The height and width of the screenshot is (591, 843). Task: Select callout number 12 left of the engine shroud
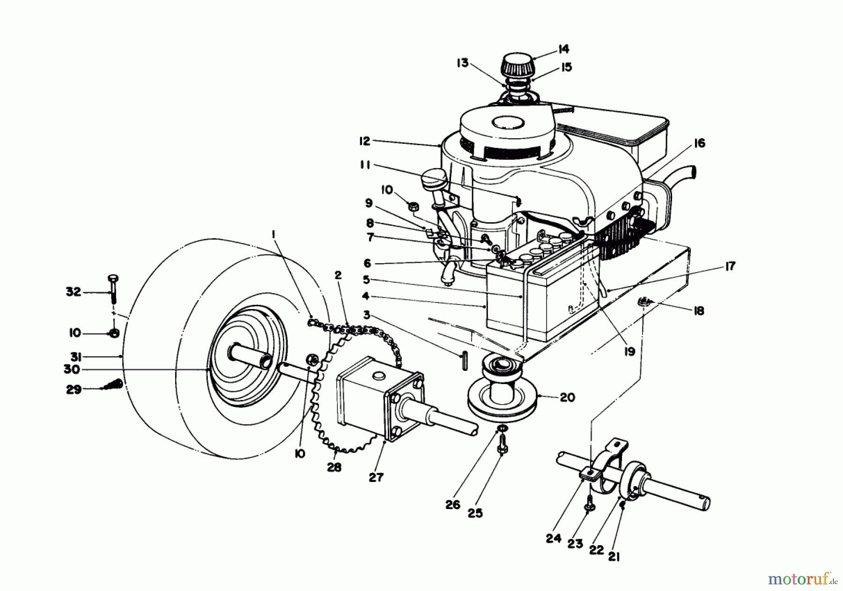364,140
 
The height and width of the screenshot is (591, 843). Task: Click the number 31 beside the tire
76,357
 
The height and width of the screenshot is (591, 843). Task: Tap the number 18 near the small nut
698,310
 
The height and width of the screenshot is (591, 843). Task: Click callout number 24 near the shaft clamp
553,539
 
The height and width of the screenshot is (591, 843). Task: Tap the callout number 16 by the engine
699,143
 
